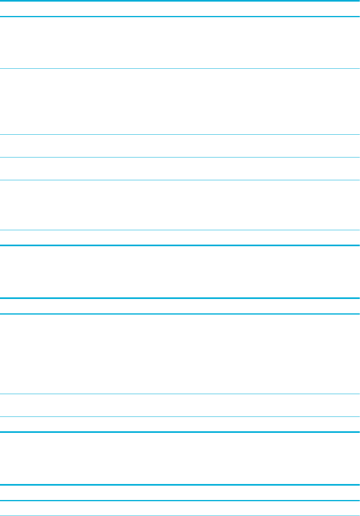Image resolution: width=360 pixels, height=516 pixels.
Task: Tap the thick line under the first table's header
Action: tap(180, 16)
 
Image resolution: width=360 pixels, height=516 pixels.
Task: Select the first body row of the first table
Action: tap(180, 43)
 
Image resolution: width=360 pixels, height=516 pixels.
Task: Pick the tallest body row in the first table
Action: tap(180, 102)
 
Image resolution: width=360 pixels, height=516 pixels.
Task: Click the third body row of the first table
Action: tap(180, 145)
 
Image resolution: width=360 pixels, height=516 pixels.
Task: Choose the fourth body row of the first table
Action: tap(180, 168)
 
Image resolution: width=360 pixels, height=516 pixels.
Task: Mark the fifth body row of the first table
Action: tap(180, 205)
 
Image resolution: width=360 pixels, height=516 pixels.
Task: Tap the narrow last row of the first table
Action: tap(180, 237)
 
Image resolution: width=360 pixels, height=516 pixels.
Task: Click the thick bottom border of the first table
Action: tap(180, 245)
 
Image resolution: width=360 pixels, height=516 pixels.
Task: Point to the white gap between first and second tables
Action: tap(180, 272)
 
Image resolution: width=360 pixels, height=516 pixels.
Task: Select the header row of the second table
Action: tap(180, 306)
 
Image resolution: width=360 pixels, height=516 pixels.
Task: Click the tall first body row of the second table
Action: tap(180, 354)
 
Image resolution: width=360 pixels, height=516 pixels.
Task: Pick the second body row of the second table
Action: tap(180, 405)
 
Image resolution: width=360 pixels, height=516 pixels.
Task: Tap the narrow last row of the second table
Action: tap(180, 424)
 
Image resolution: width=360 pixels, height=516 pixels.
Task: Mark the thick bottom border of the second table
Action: tap(180, 432)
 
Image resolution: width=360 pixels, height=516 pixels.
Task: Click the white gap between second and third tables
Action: tap(180, 458)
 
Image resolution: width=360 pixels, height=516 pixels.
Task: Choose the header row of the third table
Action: tap(180, 493)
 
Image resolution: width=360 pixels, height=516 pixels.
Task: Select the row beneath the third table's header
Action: tap(180, 508)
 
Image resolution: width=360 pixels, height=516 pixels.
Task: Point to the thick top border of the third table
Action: tap(180, 485)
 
